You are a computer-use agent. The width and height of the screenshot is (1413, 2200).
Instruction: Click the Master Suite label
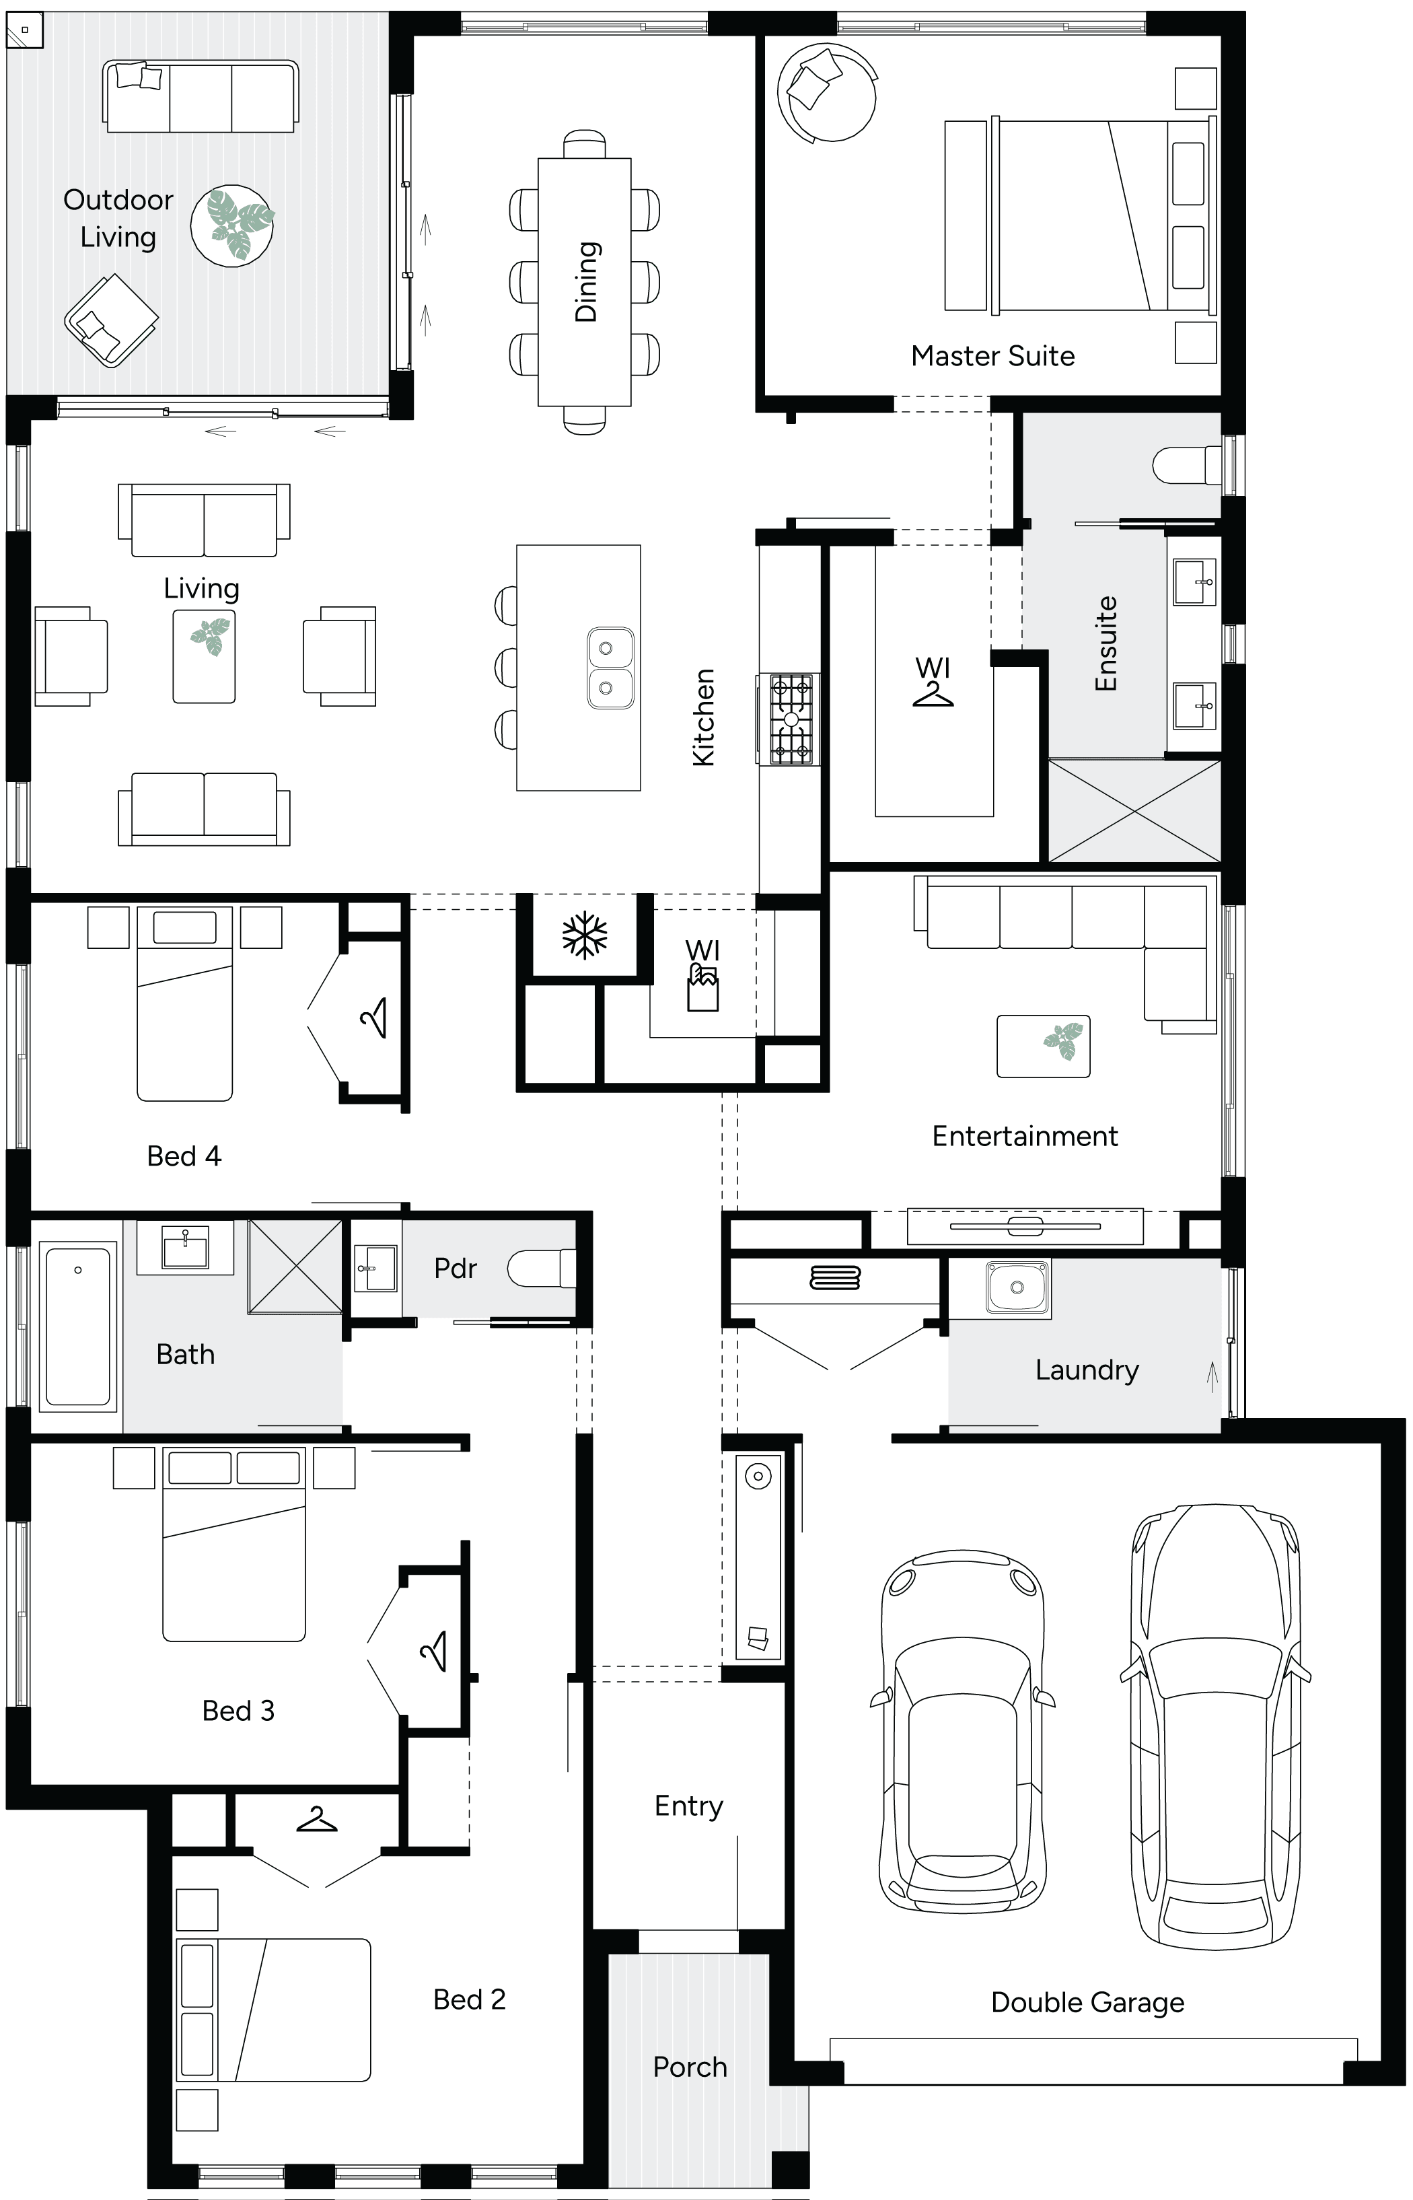992,356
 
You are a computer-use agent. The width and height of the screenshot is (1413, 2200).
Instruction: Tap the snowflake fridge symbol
585,935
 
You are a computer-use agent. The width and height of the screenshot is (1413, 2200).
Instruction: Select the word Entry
688,1806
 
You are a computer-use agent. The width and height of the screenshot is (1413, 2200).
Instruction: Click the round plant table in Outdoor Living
232,225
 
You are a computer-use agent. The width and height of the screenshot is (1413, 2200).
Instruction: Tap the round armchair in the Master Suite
825,92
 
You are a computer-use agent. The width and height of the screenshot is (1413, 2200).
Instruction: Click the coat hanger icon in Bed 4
374,1018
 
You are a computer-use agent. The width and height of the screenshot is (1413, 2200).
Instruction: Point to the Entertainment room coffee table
1043,1046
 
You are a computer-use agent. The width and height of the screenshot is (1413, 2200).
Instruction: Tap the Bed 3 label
238,1711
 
